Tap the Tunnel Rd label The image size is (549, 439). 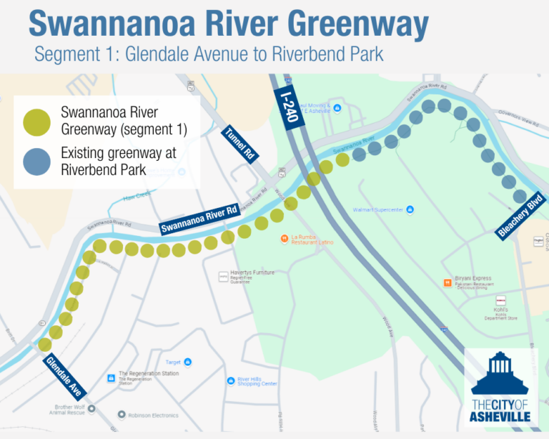[x=241, y=144]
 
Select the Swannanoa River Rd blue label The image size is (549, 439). [x=199, y=219]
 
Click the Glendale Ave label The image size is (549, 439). [x=66, y=376]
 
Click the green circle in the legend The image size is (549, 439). [x=36, y=122]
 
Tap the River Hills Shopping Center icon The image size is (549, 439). [x=230, y=380]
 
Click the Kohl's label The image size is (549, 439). [x=500, y=310]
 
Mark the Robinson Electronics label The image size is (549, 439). [x=154, y=414]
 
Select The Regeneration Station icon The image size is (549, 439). [x=111, y=378]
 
